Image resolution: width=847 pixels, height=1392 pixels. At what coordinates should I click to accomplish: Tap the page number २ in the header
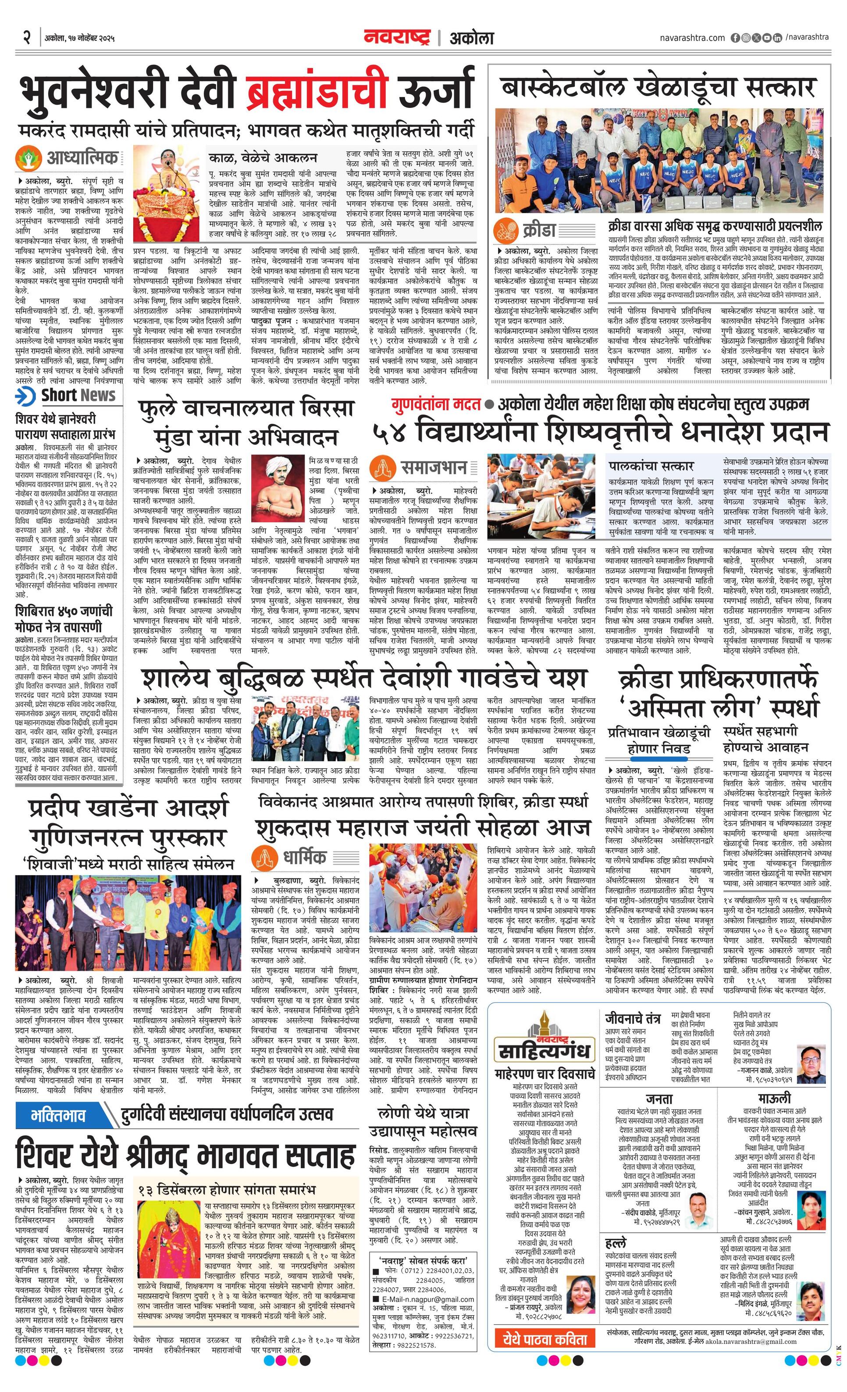[27, 38]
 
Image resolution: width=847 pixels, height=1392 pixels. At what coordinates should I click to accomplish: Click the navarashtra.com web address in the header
[692, 38]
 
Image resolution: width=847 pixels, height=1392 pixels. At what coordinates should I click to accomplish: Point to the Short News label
[78, 395]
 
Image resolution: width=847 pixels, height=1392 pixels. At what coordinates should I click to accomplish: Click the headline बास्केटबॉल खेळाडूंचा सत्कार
[659, 88]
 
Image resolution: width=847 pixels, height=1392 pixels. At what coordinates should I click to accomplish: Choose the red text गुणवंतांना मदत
[436, 404]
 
